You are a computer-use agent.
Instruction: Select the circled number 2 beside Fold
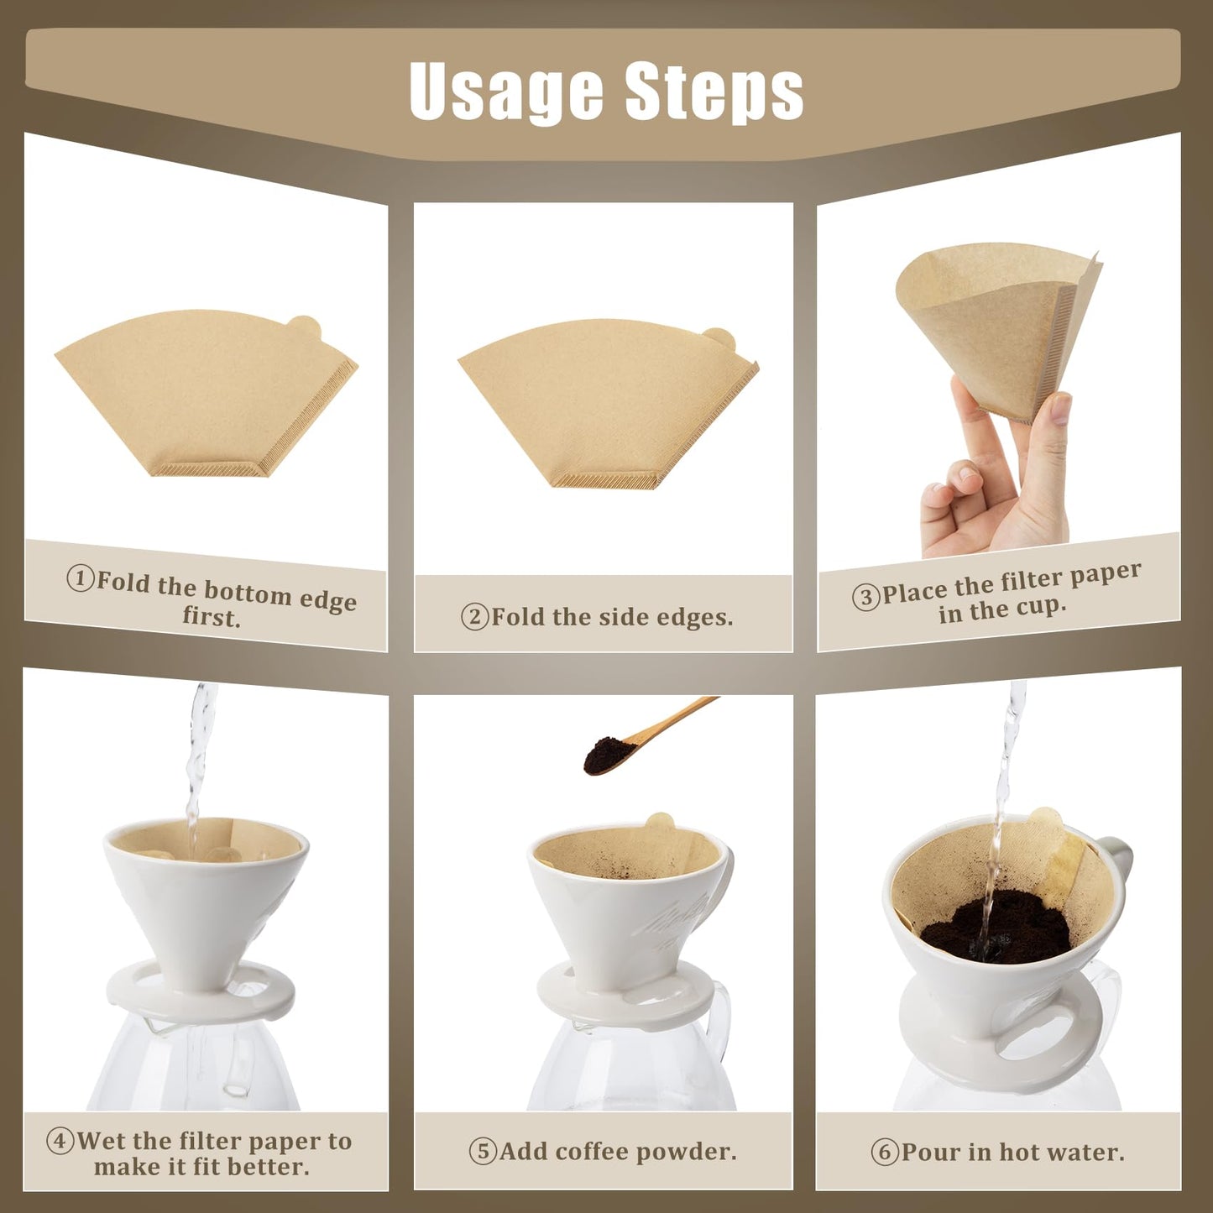click(475, 617)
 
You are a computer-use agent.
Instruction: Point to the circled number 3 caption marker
click(865, 597)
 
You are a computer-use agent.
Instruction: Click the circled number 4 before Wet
click(60, 1142)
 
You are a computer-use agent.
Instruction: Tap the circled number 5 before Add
click(484, 1151)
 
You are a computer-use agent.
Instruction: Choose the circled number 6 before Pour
click(885, 1152)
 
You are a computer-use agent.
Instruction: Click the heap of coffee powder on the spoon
click(606, 754)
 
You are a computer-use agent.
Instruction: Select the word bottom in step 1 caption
click(248, 592)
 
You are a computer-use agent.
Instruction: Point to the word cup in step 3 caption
click(1041, 606)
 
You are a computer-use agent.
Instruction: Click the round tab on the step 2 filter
click(719, 339)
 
